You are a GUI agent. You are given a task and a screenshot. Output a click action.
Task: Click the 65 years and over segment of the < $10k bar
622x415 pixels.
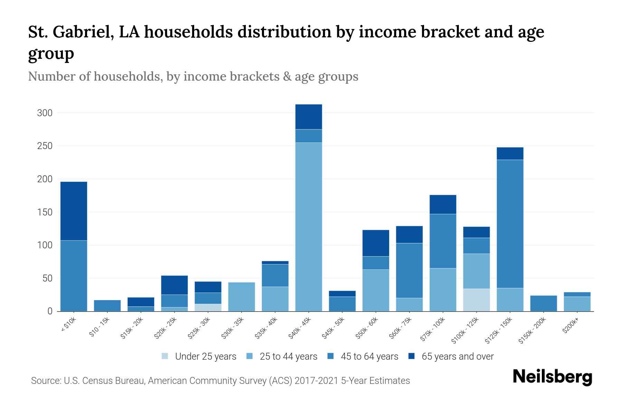click(74, 211)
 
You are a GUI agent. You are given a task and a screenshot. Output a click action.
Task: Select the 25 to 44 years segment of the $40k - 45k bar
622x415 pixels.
click(309, 227)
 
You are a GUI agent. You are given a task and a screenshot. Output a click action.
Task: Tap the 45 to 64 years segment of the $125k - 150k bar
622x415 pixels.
click(510, 224)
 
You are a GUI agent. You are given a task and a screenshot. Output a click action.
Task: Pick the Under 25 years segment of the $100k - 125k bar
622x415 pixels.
click(477, 300)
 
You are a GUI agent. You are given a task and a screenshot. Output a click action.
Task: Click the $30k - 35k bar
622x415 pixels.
click(242, 297)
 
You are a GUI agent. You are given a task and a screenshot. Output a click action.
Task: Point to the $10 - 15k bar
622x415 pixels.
click(107, 306)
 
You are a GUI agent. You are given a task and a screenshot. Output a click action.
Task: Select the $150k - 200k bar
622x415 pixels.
click(544, 303)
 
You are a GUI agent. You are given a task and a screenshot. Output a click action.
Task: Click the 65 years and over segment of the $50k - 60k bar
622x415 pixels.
click(376, 243)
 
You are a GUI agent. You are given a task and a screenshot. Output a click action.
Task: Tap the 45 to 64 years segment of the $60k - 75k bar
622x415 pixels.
click(409, 270)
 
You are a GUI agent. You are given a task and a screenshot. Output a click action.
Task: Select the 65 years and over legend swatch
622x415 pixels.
click(411, 357)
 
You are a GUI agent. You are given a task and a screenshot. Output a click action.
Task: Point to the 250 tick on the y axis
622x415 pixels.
click(45, 146)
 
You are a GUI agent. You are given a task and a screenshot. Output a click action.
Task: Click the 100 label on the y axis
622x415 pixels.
click(45, 245)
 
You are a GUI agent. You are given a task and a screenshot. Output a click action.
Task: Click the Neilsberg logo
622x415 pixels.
click(552, 377)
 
